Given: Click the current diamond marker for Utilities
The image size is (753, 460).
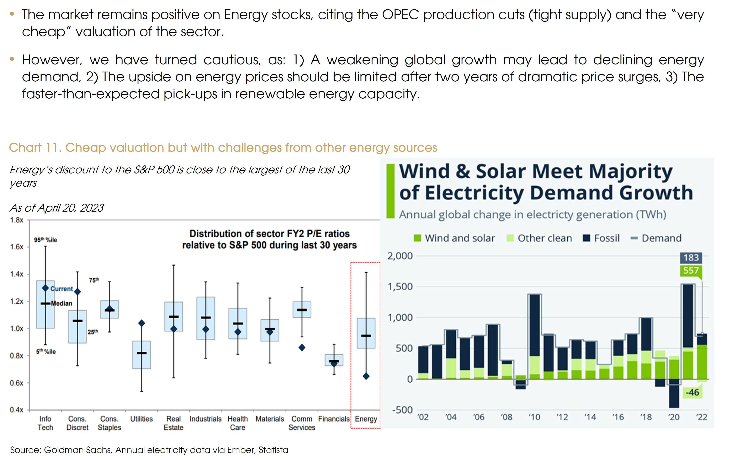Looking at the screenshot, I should click(142, 323).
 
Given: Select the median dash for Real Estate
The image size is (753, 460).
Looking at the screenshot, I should click(174, 317).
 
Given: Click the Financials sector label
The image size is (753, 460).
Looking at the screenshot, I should click(334, 419).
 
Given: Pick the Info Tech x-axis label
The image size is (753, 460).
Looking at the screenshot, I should click(45, 423).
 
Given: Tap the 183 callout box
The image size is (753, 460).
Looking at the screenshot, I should click(691, 258).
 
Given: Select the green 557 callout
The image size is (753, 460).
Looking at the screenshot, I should click(691, 270).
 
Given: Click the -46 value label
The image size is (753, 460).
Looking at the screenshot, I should click(692, 392).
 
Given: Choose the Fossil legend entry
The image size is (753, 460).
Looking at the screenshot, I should click(601, 238).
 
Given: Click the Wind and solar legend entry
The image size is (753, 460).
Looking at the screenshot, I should click(454, 238).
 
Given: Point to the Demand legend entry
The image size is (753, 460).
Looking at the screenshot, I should click(656, 238).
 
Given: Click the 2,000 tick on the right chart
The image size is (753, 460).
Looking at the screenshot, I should click(400, 256).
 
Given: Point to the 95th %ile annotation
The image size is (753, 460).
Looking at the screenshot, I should click(45, 240).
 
